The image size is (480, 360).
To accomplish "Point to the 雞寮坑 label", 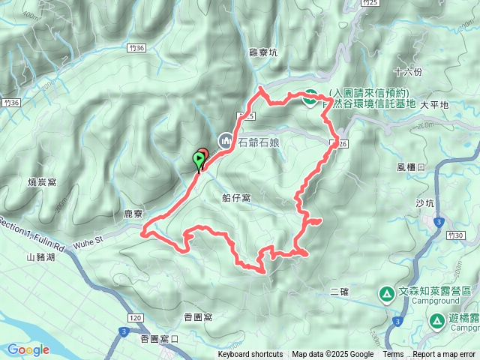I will coord(262,52).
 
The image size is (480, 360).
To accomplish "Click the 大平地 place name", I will coord(433,105).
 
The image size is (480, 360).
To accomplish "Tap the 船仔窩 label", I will coord(236,198).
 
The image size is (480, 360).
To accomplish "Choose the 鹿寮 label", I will coord(133,214).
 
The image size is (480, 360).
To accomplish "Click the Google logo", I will coord(28,349).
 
